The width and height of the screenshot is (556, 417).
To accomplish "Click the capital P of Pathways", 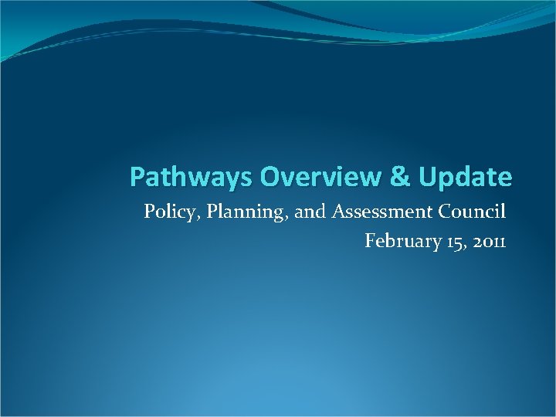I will point(137,177).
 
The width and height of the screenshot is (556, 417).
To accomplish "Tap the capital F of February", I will point(370,241).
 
